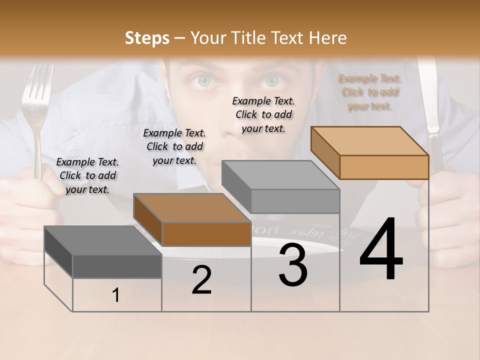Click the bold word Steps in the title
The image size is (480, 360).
(147, 38)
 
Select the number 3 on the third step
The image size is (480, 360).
(292, 265)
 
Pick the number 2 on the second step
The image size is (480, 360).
(201, 280)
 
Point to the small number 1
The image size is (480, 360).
(116, 295)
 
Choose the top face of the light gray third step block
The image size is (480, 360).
(280, 175)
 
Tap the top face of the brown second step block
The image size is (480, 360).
(192, 208)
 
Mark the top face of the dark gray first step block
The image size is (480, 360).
(103, 240)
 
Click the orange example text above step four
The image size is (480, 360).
(369, 92)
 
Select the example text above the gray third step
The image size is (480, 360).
(263, 114)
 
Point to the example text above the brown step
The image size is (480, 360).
(174, 146)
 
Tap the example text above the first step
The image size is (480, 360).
(87, 175)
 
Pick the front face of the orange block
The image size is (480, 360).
(384, 167)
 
